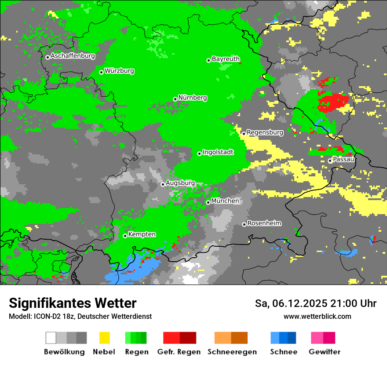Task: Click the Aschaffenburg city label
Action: tap(73, 56)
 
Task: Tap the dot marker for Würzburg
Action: tap(101, 72)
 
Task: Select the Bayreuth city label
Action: tap(226, 59)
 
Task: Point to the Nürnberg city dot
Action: tap(175, 99)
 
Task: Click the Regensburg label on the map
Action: tap(265, 132)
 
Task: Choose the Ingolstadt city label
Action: tap(218, 152)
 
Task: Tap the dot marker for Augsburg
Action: tap(163, 184)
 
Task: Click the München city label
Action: tap(225, 201)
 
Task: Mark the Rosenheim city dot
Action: tap(244, 225)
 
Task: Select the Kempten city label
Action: tap(142, 234)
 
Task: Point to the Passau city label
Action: tap(343, 159)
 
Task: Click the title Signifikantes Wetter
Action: tap(73, 303)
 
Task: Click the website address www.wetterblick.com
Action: tap(317, 316)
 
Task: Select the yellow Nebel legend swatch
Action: tap(104, 338)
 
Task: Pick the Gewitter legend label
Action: tap(325, 352)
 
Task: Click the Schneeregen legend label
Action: tap(232, 352)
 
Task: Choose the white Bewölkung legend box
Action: tap(51, 338)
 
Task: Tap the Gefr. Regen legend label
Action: tap(179, 352)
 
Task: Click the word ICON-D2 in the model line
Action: tap(44, 316)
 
